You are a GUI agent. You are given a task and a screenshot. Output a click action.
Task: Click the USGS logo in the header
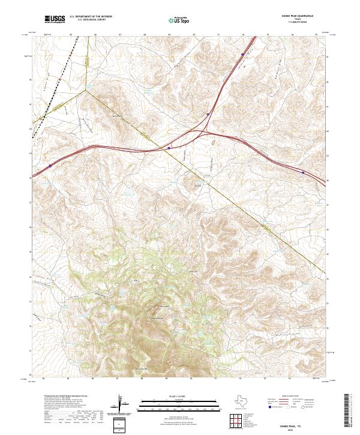(55, 19)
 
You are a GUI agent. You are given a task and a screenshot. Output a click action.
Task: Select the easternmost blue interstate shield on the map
(302, 172)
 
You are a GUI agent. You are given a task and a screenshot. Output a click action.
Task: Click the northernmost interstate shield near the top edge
(242, 55)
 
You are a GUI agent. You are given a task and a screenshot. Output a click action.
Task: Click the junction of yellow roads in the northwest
(85, 90)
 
